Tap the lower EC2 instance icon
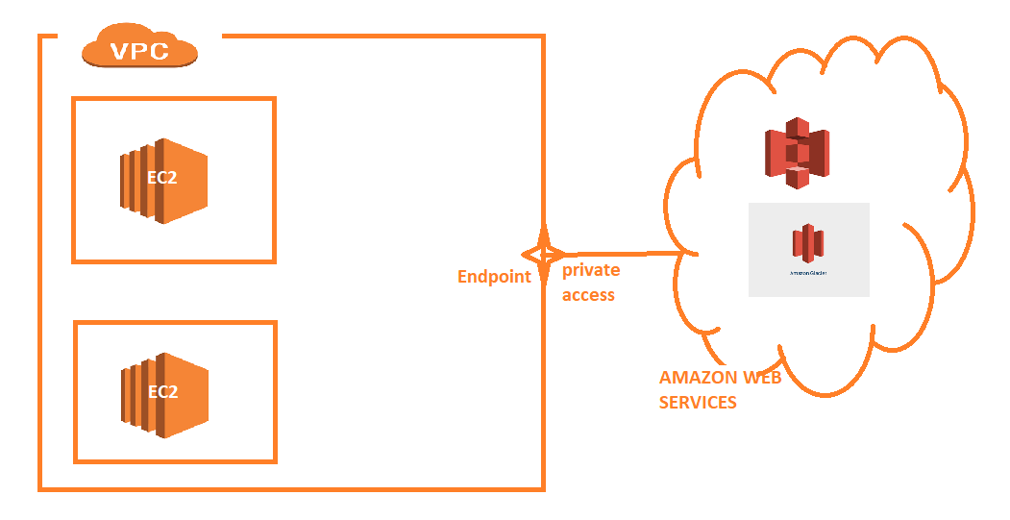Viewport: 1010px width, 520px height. click(164, 393)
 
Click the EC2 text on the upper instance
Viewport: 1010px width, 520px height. click(162, 179)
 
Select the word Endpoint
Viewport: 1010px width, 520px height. click(494, 277)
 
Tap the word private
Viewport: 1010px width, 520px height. click(591, 270)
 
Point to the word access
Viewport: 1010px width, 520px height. click(588, 295)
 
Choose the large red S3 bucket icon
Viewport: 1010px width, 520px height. click(796, 152)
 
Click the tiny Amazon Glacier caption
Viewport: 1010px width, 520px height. click(808, 272)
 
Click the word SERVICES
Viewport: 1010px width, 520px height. click(698, 402)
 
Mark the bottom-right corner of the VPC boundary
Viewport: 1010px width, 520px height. click(544, 489)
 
